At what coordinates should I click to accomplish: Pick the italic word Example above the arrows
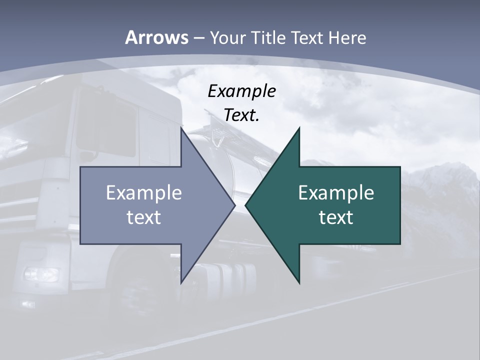point(241,91)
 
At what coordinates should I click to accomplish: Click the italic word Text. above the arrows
point(241,115)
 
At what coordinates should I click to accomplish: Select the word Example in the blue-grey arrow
point(143,193)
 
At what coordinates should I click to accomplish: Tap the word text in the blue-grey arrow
point(143,217)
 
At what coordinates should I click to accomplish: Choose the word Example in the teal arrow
point(336,193)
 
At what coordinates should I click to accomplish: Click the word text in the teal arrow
point(336,217)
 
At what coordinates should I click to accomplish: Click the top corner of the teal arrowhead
point(299,128)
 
